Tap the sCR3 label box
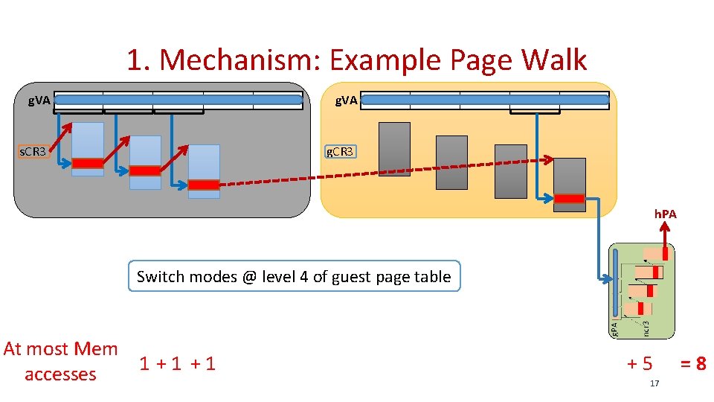click(x=33, y=152)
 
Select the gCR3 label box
click(x=341, y=152)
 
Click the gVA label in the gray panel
click(x=39, y=100)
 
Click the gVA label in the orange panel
click(x=346, y=100)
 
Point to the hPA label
click(x=665, y=214)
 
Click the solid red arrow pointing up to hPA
click(x=665, y=240)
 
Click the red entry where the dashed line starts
click(x=204, y=185)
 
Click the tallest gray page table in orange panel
click(x=394, y=149)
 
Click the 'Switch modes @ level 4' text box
click(x=294, y=277)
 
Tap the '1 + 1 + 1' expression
click(x=177, y=363)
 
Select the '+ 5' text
click(x=640, y=363)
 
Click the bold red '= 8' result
click(x=692, y=363)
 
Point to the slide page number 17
click(x=654, y=383)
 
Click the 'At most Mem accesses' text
click(x=60, y=361)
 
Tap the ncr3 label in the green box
click(x=646, y=326)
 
